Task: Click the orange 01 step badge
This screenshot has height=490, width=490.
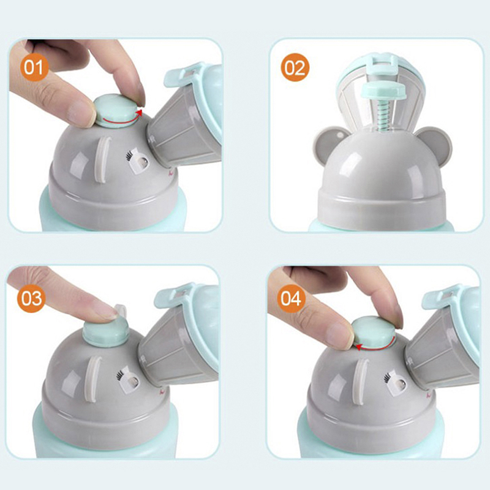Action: pyautogui.click(x=34, y=67)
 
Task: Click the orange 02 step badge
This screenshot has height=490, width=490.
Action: pyautogui.click(x=295, y=67)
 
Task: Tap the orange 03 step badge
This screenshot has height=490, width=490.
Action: pyautogui.click(x=31, y=298)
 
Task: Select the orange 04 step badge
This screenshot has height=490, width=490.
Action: pyautogui.click(x=291, y=298)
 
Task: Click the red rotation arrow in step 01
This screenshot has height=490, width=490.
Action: pyautogui.click(x=122, y=120)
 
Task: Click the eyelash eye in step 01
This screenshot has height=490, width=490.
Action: pyautogui.click(x=138, y=160)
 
